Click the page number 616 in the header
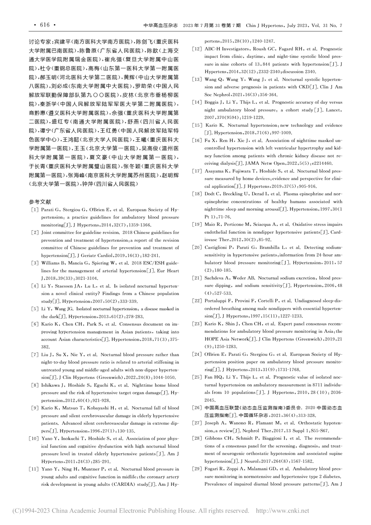pos(45,25)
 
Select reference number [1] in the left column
pos(34,210)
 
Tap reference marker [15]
pos(197,125)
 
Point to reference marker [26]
pos(197,408)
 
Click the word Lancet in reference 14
pos(334,110)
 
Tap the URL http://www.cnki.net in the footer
pos(283,511)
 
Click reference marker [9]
pos(34,408)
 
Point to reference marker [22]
pos(197,300)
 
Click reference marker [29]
pos(197,469)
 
